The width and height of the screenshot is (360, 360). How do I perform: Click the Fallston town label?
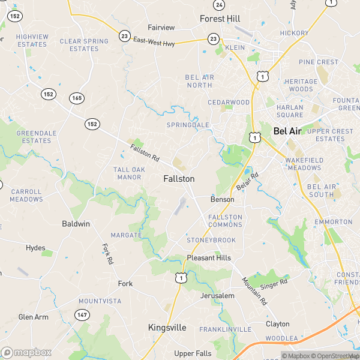(x=179, y=179)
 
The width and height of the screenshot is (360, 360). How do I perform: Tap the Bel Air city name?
(x=287, y=130)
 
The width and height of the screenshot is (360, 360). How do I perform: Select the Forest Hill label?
(x=220, y=19)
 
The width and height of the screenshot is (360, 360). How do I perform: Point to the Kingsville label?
(x=167, y=328)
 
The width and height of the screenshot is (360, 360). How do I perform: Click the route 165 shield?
(x=76, y=98)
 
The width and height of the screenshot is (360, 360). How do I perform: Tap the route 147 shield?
(x=82, y=314)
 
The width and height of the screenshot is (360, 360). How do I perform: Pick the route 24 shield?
(x=219, y=5)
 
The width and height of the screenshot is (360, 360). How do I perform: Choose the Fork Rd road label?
(x=107, y=254)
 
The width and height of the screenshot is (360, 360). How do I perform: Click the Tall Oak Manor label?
(x=130, y=173)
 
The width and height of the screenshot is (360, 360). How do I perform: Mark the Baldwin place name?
(x=76, y=224)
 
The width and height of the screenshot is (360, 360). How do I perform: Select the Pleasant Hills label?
(x=208, y=258)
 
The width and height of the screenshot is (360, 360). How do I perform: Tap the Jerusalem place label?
(x=217, y=296)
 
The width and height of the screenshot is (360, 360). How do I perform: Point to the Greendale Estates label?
(x=34, y=137)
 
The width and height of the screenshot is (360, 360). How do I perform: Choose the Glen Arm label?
(x=33, y=317)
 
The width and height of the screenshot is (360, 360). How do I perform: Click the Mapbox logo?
(x=26, y=352)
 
